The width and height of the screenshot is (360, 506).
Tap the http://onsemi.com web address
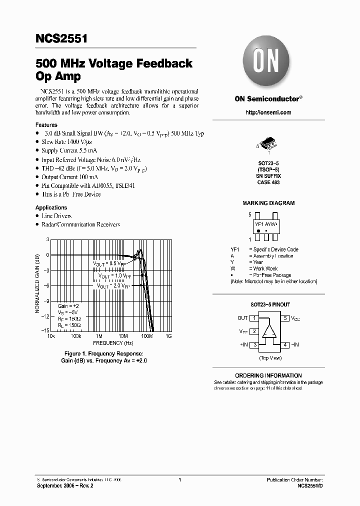[268, 112]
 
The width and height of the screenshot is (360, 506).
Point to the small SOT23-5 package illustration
[268, 145]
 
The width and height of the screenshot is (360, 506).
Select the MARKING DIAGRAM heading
[268, 203]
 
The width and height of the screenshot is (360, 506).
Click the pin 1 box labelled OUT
[254, 318]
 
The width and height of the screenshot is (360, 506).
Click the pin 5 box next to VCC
[285, 318]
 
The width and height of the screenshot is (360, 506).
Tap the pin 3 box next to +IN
[254, 344]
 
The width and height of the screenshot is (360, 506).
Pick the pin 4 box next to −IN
[285, 344]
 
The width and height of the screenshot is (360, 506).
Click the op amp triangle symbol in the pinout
[270, 331]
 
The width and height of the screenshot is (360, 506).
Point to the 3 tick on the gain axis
[47, 239]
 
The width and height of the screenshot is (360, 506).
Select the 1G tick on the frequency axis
[168, 336]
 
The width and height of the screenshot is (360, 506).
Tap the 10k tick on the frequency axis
[50, 336]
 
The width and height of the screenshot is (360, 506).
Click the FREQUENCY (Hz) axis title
[113, 343]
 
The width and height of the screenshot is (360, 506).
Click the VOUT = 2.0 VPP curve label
[113, 286]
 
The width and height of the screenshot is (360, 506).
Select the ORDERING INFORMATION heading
[268, 375]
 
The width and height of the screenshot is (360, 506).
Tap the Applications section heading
[51, 207]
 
